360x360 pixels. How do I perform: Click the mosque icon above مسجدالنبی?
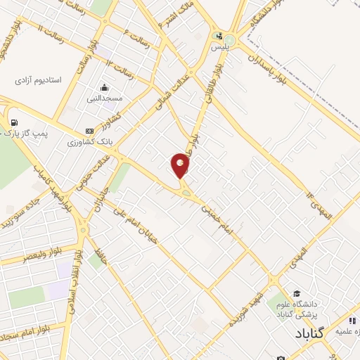pos(104,87)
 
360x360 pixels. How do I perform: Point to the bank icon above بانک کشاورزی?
pos(89,131)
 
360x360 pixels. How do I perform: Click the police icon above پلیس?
pos(219,37)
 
